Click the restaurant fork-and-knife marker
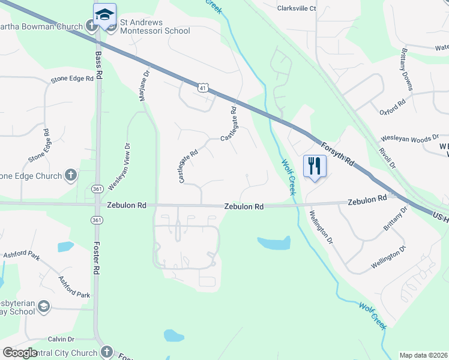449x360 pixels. [x=315, y=166]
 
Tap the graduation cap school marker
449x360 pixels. [x=105, y=14]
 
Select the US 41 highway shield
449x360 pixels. [x=205, y=88]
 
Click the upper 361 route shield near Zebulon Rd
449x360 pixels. [x=97, y=189]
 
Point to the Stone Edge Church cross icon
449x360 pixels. [x=71, y=176]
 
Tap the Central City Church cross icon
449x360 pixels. [x=107, y=352]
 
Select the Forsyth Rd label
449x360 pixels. [x=337, y=154]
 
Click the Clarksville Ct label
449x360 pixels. [x=297, y=9]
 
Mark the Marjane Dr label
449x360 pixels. [x=145, y=86]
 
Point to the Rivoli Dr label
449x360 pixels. [x=388, y=158]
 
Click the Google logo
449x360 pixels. [x=20, y=353]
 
